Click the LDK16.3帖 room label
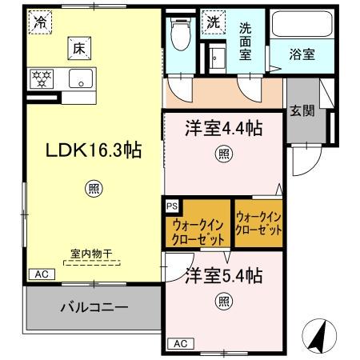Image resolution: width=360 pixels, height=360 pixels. click(x=93, y=150)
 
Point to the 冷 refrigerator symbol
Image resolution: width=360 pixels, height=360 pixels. click(x=39, y=22)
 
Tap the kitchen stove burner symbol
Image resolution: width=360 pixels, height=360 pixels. click(x=41, y=78)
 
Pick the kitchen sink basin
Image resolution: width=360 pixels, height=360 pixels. click(x=80, y=78)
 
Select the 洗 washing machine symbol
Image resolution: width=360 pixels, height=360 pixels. click(x=214, y=23)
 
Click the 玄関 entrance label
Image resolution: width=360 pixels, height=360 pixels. click(x=302, y=110)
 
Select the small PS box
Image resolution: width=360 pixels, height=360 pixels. click(x=171, y=206)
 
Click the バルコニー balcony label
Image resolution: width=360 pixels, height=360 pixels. click(x=94, y=306)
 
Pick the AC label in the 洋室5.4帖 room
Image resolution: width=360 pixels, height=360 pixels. click(x=180, y=343)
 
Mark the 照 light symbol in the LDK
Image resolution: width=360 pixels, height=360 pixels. click(x=93, y=189)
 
